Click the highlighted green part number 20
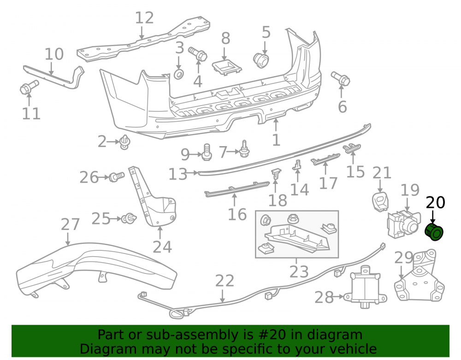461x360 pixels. coord(434,232)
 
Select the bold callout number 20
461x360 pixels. coord(436,202)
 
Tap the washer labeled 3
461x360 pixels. coord(179,74)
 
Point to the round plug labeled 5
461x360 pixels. coord(261,60)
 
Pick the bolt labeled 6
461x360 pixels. coord(341,78)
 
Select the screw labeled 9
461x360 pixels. coord(207,152)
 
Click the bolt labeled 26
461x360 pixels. coord(117,177)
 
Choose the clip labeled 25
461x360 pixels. coord(129,218)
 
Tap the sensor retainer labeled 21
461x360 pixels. coord(380,201)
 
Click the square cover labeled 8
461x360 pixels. coord(227,68)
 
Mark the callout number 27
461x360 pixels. coord(70,224)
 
